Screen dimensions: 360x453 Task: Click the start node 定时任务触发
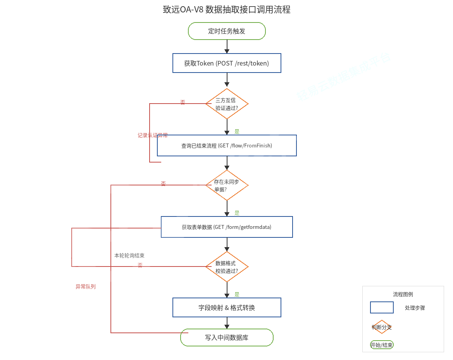pos(227,31)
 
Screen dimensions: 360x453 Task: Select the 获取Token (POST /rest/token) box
pos(227,63)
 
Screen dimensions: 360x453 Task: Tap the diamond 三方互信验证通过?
pos(227,104)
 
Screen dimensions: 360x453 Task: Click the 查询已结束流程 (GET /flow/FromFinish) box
pos(227,145)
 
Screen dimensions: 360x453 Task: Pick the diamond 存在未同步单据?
pos(227,185)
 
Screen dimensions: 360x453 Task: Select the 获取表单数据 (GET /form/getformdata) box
pos(227,227)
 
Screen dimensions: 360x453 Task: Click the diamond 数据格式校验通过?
pos(227,267)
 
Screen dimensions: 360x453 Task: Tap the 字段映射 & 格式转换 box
pos(227,308)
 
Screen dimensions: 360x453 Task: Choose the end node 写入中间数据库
pos(227,337)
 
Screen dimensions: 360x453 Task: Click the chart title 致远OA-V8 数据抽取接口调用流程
pos(227,10)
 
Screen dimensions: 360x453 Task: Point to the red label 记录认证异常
pos(153,135)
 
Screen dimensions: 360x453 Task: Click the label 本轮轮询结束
pos(129,256)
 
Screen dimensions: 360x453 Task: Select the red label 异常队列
pos(85,287)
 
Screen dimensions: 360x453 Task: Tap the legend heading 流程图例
pos(403,294)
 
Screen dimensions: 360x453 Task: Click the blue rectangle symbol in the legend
pos(382,308)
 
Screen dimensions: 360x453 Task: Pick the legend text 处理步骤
pos(415,308)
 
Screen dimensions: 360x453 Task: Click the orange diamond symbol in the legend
pos(382,327)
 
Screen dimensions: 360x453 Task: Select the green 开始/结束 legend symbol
pos(382,345)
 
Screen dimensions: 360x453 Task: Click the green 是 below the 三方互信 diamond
pos(237,132)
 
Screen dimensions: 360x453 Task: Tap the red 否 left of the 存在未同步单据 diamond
pos(163,183)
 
